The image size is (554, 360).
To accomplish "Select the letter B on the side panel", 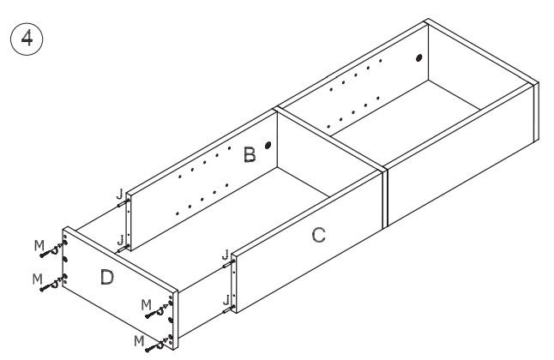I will click(x=249, y=154).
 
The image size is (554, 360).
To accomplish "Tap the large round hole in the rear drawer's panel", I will click(x=419, y=58).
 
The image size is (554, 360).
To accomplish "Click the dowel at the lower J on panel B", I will click(x=126, y=247).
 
